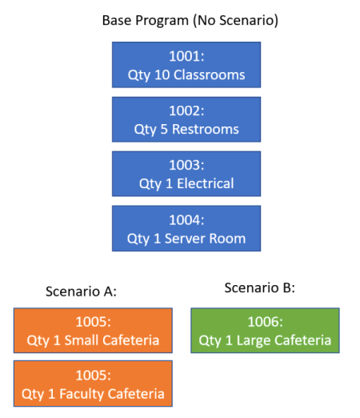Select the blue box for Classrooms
point(186,65)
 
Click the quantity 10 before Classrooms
point(162,74)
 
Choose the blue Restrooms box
point(186,119)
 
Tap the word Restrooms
point(206,130)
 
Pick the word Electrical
point(206,183)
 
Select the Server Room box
point(186,228)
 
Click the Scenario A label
point(81,291)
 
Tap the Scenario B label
point(260,287)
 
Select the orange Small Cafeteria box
point(93,331)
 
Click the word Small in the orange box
point(82,340)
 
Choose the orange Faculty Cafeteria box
point(93,384)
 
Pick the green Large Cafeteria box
point(265,331)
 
